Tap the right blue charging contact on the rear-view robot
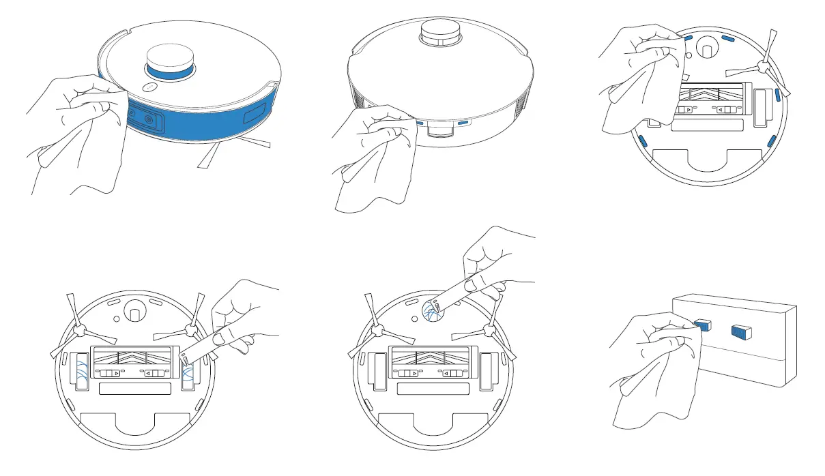coord(464,123)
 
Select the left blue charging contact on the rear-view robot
coord(420,123)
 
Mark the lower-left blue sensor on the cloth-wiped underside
coord(642,141)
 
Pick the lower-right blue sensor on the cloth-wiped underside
coord(770,141)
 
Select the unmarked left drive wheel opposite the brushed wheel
coord(81,371)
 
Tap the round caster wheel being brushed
coord(431,308)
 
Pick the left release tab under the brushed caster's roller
coord(408,374)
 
